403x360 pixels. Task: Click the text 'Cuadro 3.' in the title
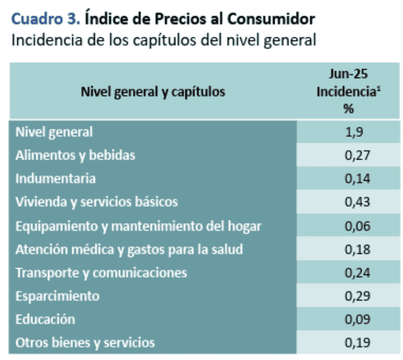(x=45, y=19)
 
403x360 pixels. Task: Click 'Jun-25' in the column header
(x=348, y=74)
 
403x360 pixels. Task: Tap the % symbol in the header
(x=348, y=109)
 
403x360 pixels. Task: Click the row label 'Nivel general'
(x=54, y=132)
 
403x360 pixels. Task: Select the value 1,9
(x=348, y=132)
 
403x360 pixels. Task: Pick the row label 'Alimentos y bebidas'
(x=75, y=155)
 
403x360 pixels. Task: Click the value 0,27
(x=348, y=155)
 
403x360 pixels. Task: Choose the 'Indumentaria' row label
(x=56, y=178)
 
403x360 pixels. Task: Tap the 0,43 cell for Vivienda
(x=348, y=202)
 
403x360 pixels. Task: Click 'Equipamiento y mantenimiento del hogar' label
(x=138, y=226)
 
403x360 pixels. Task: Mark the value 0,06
(x=348, y=226)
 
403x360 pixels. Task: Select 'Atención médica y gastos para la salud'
(x=129, y=249)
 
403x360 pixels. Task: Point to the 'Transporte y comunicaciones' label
(x=101, y=273)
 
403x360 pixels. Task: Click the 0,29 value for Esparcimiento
(x=348, y=296)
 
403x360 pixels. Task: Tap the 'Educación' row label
(x=45, y=319)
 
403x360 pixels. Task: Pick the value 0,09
(x=348, y=319)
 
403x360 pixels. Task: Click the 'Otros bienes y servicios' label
(x=85, y=343)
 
